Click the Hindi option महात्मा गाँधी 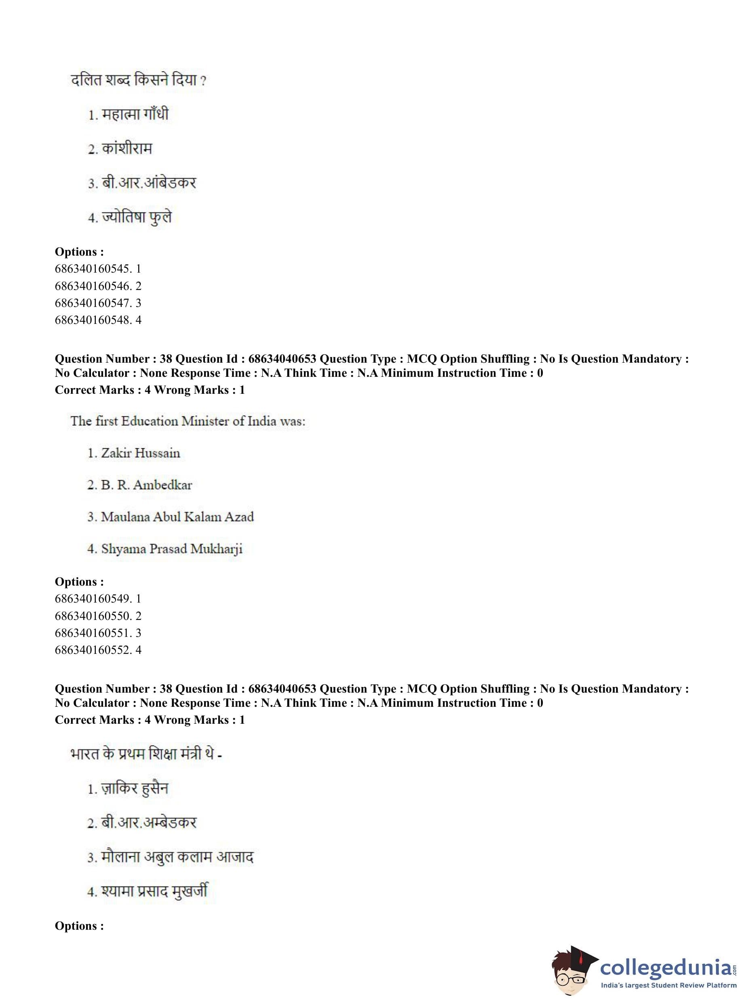[135, 114]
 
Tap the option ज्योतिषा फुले [137, 218]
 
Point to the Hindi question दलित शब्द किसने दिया [138, 80]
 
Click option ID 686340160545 [98, 269]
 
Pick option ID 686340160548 [98, 320]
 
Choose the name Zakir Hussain [140, 453]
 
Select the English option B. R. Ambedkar [146, 485]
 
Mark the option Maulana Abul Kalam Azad [177, 517]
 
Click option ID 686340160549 [98, 599]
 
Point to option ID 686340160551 [98, 633]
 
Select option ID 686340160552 [98, 650]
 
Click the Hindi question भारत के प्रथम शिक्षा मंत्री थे [146, 754]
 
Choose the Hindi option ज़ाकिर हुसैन [134, 789]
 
